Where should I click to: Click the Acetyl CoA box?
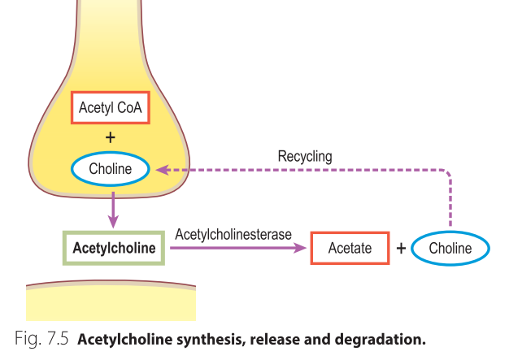point(111,106)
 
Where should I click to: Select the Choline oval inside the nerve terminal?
point(111,170)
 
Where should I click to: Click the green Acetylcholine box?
point(114,248)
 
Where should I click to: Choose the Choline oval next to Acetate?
point(450,249)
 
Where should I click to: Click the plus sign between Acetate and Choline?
point(400,249)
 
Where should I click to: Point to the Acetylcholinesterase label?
point(233,234)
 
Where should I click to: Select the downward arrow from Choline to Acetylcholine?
point(113,209)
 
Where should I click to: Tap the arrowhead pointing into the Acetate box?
point(303,248)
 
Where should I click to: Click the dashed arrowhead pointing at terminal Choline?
point(162,170)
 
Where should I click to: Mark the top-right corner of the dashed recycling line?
point(449,171)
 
